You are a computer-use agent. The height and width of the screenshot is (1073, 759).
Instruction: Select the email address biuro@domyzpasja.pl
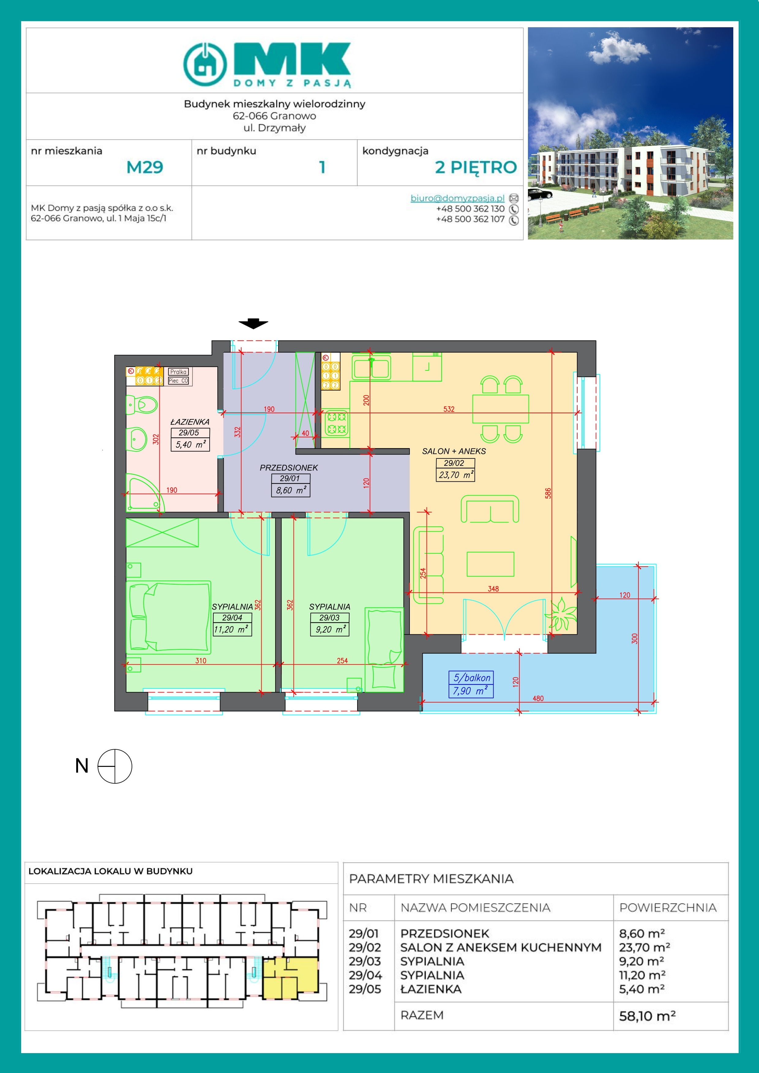coord(457,198)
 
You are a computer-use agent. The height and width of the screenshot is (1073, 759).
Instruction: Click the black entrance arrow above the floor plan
coord(253,323)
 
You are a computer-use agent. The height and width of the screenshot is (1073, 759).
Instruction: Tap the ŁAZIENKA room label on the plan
coord(190,421)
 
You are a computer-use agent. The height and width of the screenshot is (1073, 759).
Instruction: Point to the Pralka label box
coord(179,372)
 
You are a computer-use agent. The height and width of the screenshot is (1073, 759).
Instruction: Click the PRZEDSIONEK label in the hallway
coord(289,467)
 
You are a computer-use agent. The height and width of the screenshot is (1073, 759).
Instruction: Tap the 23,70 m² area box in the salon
coord(455,475)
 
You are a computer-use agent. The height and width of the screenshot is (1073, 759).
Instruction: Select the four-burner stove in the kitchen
coord(336,422)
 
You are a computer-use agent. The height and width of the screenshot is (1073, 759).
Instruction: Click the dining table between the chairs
coord(500,408)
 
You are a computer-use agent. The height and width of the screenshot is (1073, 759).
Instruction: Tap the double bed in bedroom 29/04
coord(169,616)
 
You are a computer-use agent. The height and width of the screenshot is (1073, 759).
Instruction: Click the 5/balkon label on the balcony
coord(471,677)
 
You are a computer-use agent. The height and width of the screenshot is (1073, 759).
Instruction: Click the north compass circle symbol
coord(114,766)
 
